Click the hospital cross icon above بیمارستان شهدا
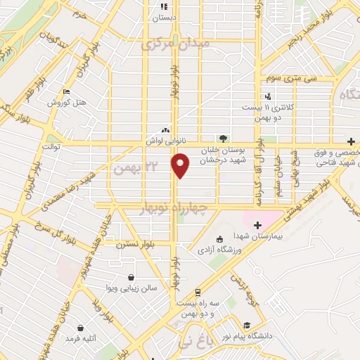257,225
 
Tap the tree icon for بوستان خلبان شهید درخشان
223,139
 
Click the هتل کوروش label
67,103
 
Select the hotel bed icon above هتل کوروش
66,92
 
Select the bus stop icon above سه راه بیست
198,291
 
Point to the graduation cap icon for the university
247,325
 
